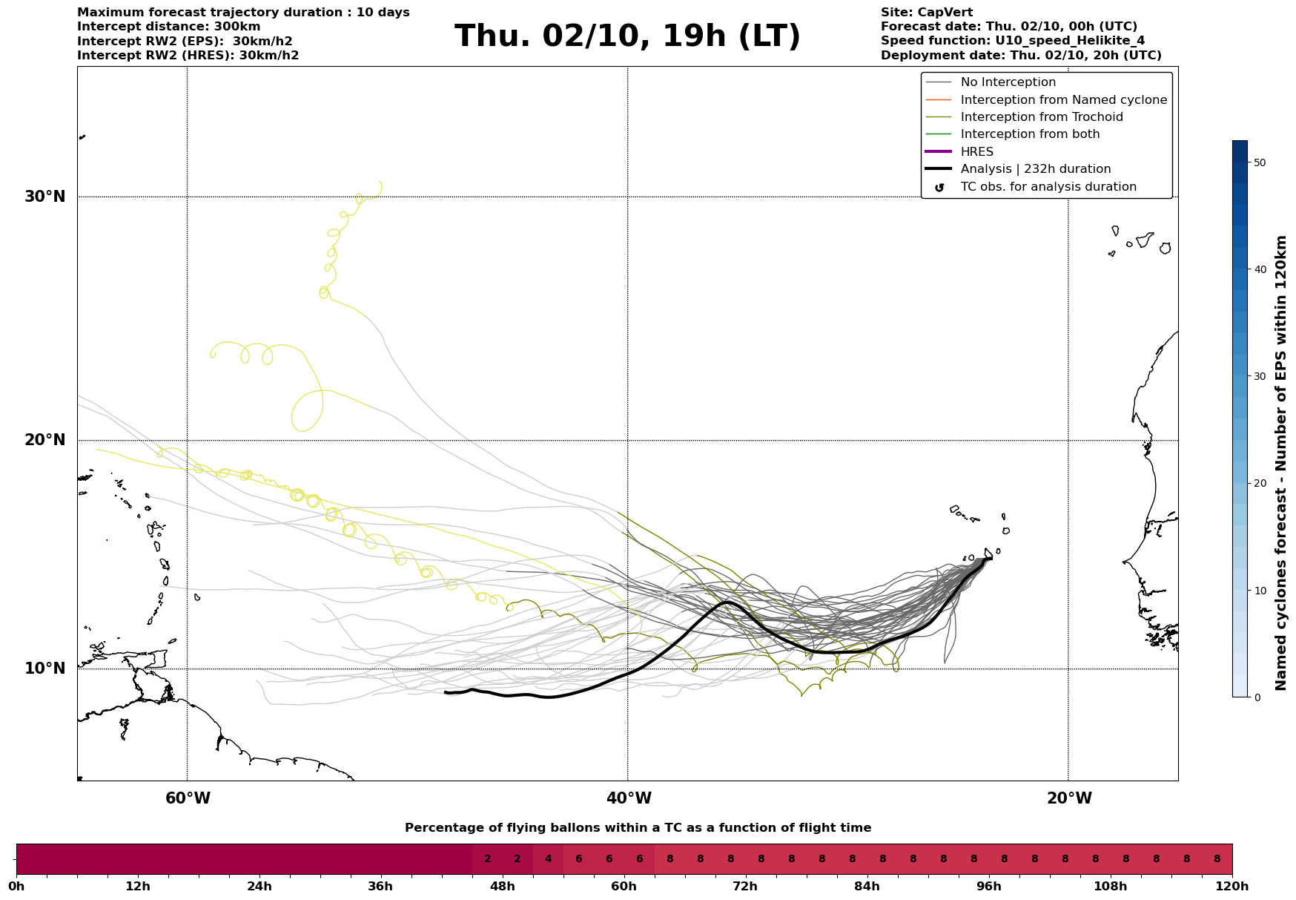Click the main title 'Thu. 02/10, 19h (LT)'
(x=627, y=36)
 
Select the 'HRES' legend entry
(x=976, y=152)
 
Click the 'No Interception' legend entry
(x=1008, y=82)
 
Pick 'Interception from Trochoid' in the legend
(x=1041, y=117)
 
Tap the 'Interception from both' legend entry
(x=1030, y=134)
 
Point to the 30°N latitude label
(x=45, y=197)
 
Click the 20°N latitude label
(x=45, y=440)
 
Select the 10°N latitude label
(x=45, y=669)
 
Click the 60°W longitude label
(x=188, y=798)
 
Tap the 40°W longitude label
(x=629, y=798)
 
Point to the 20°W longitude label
(x=1069, y=798)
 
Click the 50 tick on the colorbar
(x=1259, y=162)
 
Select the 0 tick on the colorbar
(x=1257, y=697)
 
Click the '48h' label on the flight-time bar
(x=503, y=886)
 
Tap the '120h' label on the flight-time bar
(x=1232, y=886)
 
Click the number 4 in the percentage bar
(x=548, y=859)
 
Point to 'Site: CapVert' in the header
(x=926, y=13)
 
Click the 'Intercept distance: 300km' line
(x=168, y=27)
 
